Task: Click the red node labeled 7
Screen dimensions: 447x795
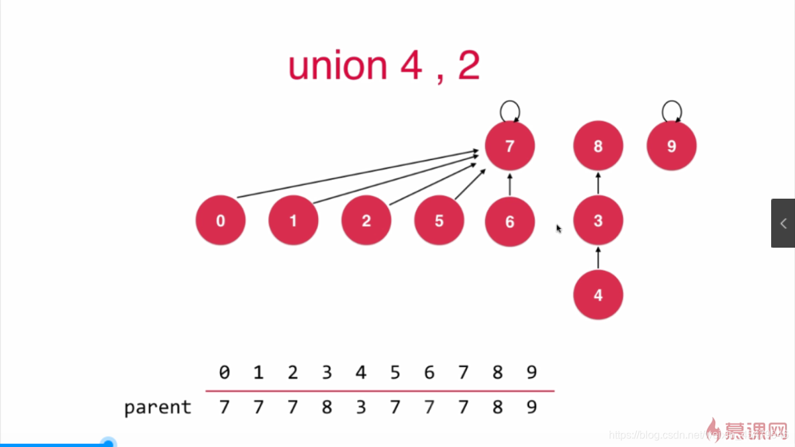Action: click(x=509, y=146)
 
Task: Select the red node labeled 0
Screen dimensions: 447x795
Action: click(x=221, y=221)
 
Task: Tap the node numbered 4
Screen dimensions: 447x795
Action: click(x=598, y=295)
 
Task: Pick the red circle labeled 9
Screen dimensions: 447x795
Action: click(x=671, y=146)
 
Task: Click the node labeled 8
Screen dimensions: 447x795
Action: click(x=598, y=146)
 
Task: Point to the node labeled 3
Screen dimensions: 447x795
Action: click(x=598, y=221)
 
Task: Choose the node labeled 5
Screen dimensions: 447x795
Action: click(x=439, y=221)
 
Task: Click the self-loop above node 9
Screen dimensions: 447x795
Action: click(x=672, y=110)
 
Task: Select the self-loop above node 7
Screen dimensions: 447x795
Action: click(x=509, y=110)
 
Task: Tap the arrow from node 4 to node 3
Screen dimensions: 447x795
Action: click(x=598, y=258)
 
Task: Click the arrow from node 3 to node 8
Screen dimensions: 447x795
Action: click(x=598, y=183)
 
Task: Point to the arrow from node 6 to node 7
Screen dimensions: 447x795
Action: click(x=509, y=183)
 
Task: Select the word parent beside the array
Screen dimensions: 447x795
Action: click(x=158, y=407)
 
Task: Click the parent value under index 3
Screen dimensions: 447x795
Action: click(x=327, y=407)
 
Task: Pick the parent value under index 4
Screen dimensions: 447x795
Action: click(x=361, y=407)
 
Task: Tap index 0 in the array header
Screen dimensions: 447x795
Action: click(x=224, y=373)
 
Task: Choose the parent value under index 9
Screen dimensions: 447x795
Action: click(x=531, y=407)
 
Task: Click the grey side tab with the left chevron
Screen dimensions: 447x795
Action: click(x=783, y=223)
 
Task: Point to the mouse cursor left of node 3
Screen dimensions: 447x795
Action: click(x=558, y=228)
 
